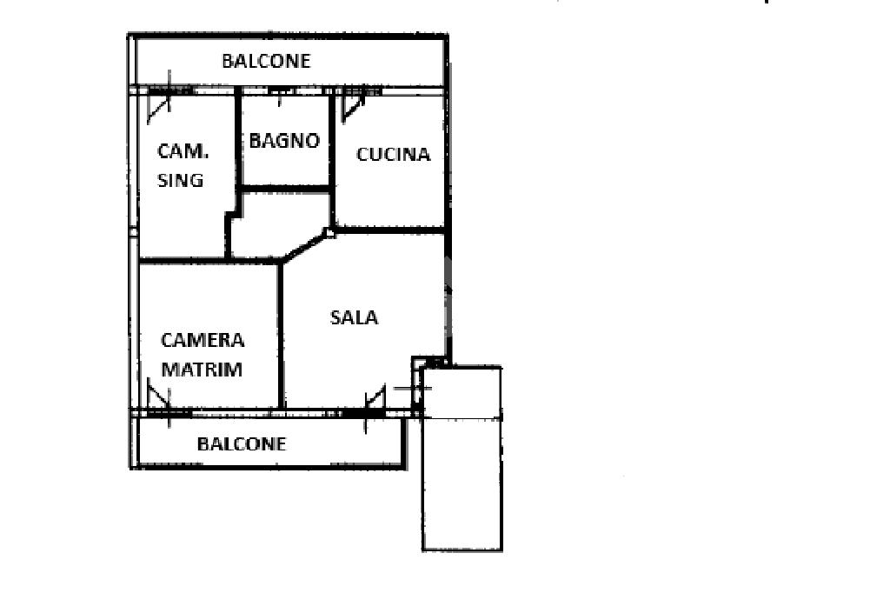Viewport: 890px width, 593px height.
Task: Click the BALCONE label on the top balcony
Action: coord(266,61)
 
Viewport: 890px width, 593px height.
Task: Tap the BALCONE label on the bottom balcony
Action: coord(242,443)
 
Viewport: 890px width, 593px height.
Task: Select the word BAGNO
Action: coord(284,141)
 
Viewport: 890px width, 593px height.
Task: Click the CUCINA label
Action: coord(393,155)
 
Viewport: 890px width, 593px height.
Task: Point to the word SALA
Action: coord(354,317)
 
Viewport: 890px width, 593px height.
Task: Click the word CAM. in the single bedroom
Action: coord(183,150)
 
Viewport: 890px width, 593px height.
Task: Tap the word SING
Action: coord(181,180)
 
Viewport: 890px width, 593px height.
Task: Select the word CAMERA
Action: coord(203,340)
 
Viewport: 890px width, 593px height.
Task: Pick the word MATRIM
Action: coord(202,369)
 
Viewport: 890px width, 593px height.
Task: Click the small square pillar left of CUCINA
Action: coord(329,232)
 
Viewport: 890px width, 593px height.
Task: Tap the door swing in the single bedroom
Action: coord(161,102)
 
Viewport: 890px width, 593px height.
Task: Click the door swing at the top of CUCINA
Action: coord(353,105)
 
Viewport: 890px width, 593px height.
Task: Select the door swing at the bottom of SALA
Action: coord(375,399)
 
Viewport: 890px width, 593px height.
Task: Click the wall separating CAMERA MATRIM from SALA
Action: coord(281,335)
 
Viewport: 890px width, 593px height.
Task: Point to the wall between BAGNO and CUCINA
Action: coord(332,139)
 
